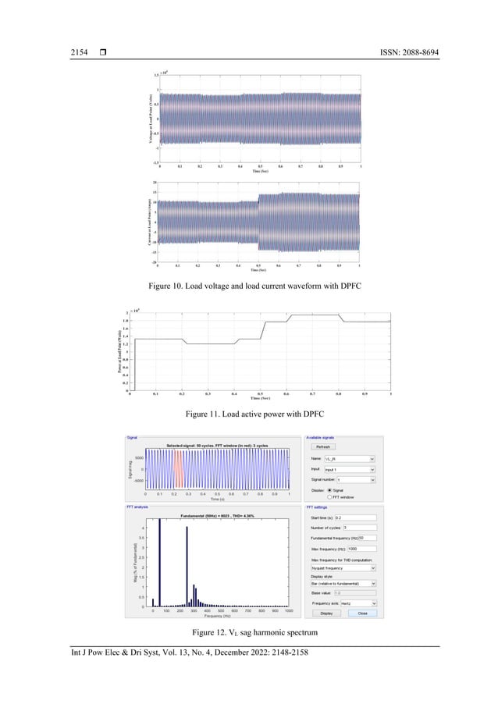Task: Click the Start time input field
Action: point(355,517)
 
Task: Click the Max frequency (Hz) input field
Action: point(360,549)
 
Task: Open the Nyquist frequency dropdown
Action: point(343,569)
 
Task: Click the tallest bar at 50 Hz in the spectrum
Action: point(160,562)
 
